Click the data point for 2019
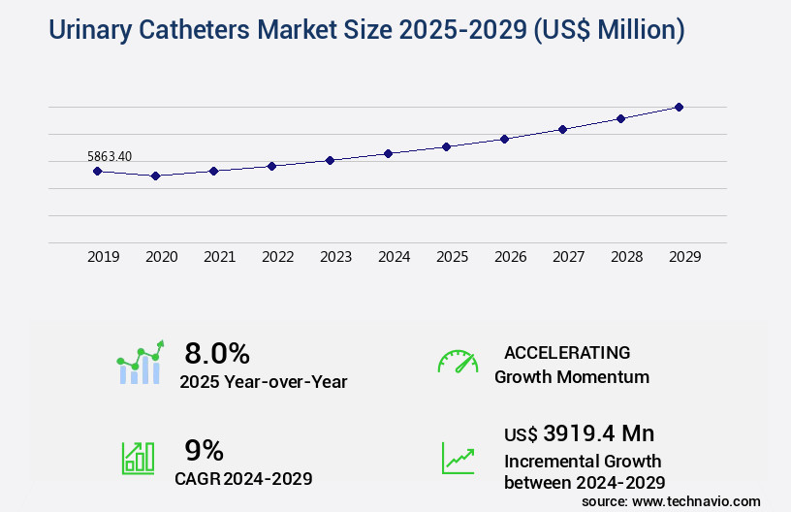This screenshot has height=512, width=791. point(97,171)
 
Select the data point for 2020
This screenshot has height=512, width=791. point(155,176)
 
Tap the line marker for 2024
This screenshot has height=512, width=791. point(388,153)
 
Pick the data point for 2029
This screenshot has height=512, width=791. point(679,107)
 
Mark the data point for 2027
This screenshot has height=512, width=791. point(562,129)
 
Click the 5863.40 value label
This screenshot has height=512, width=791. point(110,156)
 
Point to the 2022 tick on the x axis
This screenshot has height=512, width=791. point(277,257)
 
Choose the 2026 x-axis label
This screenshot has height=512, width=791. point(510,257)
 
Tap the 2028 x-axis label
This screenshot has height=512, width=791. point(626,257)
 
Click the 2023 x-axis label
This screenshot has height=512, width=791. point(335,257)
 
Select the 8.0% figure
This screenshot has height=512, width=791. point(217,353)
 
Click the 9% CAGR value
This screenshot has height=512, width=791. point(204,450)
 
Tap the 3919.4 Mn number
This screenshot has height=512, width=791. point(599,433)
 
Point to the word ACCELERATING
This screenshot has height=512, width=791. point(567,353)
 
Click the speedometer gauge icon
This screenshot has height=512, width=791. point(458,362)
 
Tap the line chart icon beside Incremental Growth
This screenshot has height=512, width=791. point(458,458)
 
